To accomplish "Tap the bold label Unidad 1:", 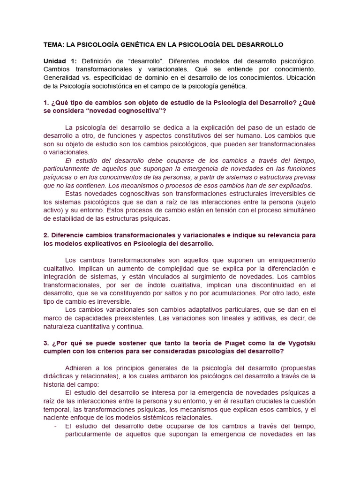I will point(60,61).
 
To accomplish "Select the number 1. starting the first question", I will point(46,103).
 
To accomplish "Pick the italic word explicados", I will point(292,186).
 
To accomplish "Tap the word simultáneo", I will point(296,210).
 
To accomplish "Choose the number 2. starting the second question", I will point(46,235).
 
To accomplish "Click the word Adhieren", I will point(80,368).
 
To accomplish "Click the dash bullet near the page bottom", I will point(56,426).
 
